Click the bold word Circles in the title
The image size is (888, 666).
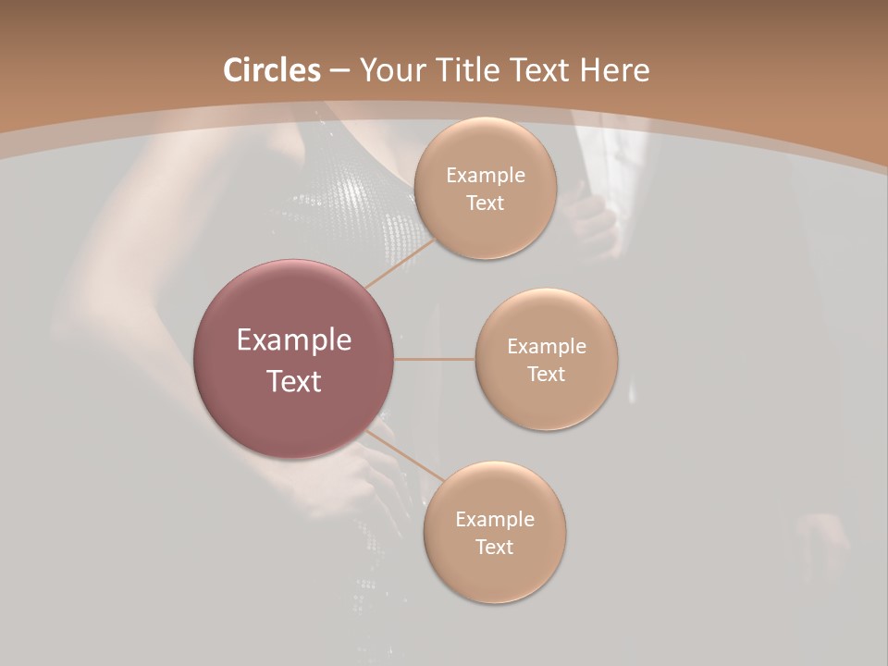click(272, 70)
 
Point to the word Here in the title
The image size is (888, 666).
click(614, 70)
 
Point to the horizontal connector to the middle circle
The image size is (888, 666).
click(435, 359)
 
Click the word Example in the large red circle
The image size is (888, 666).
click(294, 340)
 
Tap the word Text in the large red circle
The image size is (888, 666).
click(294, 381)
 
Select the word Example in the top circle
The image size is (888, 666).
click(486, 176)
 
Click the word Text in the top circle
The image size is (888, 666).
click(485, 203)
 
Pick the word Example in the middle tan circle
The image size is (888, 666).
click(547, 347)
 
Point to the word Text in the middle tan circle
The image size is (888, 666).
click(546, 375)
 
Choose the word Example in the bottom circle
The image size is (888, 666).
click(495, 520)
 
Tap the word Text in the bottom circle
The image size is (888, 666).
click(494, 548)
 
